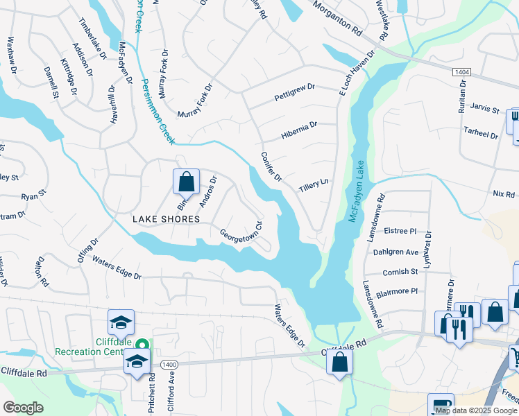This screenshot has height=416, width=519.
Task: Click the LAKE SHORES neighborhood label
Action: coord(167,219)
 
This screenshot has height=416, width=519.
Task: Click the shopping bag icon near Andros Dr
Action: coord(186,182)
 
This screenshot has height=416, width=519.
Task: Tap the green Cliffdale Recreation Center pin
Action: coord(143,344)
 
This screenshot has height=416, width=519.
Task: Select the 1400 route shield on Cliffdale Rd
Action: coord(168,364)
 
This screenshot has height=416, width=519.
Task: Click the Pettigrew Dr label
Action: coord(294,90)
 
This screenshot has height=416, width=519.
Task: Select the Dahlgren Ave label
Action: coord(402,252)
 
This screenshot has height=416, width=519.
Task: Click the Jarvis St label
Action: coord(484,109)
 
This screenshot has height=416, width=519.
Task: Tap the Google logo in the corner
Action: coord(24,407)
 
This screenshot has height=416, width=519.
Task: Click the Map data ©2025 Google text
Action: coord(476,410)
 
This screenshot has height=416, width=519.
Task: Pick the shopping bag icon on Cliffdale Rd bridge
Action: coord(339,361)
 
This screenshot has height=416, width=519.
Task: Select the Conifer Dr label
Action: coord(271,167)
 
